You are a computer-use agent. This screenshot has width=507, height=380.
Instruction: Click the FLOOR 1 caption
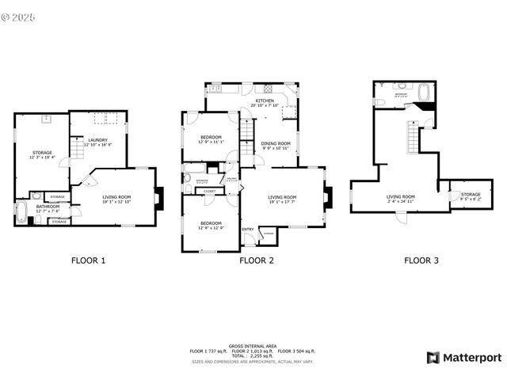89,260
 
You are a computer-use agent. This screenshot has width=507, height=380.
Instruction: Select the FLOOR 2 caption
257,260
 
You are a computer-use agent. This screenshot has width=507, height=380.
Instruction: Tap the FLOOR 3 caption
421,260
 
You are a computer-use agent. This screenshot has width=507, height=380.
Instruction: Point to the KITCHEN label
264,101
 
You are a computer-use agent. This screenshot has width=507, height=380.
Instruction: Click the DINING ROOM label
276,143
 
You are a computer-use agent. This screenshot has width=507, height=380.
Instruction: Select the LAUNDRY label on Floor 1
98,140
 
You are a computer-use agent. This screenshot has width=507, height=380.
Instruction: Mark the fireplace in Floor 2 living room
330,196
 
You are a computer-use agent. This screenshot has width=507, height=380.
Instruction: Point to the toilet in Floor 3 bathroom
379,101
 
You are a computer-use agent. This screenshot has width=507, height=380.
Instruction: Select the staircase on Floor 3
413,138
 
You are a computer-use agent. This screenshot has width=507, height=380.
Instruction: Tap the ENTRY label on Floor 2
248,230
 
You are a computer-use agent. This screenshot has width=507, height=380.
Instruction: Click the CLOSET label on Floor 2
210,191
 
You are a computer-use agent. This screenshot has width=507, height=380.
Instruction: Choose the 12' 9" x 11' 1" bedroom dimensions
212,142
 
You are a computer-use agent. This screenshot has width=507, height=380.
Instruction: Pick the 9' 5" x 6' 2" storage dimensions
471,198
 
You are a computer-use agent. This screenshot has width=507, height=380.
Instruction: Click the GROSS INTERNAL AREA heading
252,346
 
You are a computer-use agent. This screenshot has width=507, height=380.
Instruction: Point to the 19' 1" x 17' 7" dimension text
282,202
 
